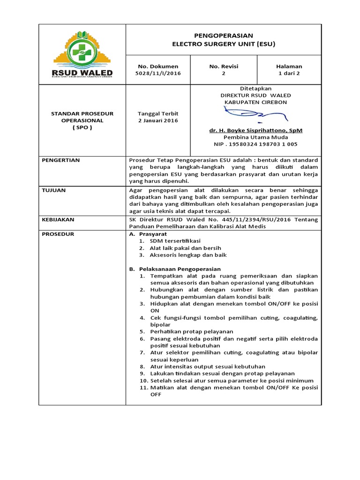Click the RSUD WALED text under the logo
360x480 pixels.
pyautogui.click(x=82, y=73)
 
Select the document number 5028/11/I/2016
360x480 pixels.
pyautogui.click(x=158, y=74)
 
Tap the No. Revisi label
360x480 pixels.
pyautogui.click(x=224, y=67)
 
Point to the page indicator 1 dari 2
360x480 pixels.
pyautogui.click(x=289, y=74)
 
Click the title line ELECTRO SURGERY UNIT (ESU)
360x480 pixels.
pyautogui.click(x=224, y=44)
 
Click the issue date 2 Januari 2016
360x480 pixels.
pyautogui.click(x=158, y=120)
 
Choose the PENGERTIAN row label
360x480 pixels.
pyautogui.click(x=61, y=160)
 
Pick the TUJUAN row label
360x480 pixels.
pyautogui.click(x=53, y=190)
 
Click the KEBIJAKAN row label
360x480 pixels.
pyautogui.click(x=58, y=219)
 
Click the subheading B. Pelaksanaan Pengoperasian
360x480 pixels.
pyautogui.click(x=174, y=269)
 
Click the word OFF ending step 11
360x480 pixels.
pyautogui.click(x=156, y=395)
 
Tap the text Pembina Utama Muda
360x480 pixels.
pyautogui.click(x=255, y=137)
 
